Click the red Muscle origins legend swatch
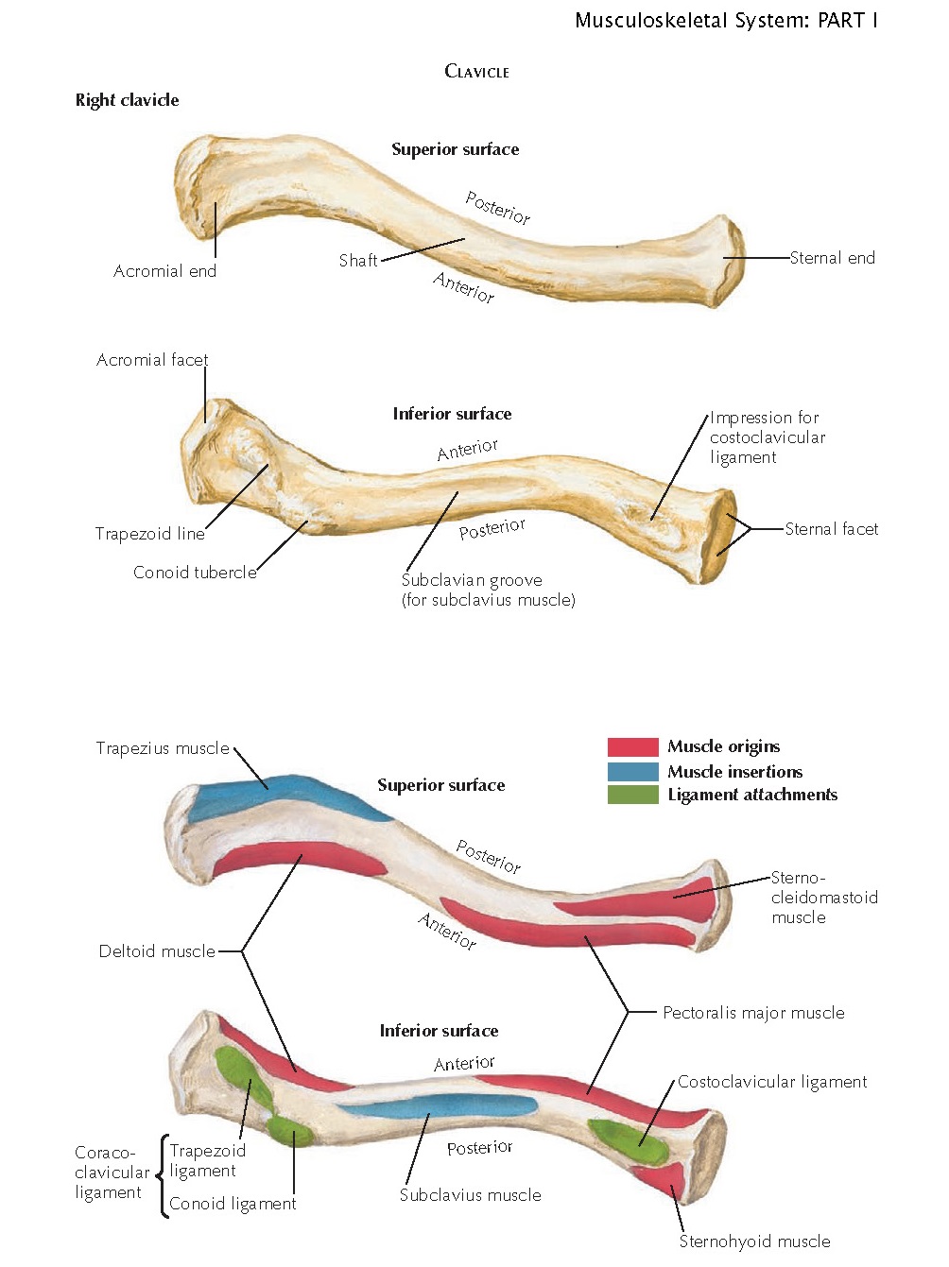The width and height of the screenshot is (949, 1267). pyautogui.click(x=632, y=747)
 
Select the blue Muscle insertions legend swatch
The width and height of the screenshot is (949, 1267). pyautogui.click(x=632, y=771)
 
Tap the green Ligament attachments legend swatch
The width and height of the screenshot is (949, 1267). pyautogui.click(x=632, y=795)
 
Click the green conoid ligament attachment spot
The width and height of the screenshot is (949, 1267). pyautogui.click(x=288, y=1128)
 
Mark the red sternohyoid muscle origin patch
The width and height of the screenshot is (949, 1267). pyautogui.click(x=666, y=1178)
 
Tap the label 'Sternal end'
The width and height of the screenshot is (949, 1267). pyautogui.click(x=832, y=258)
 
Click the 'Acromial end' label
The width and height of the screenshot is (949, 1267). pyautogui.click(x=164, y=272)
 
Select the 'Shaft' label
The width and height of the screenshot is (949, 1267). pyautogui.click(x=358, y=261)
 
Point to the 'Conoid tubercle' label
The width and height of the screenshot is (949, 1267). pyautogui.click(x=195, y=573)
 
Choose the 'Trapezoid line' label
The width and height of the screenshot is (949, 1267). pyautogui.click(x=149, y=534)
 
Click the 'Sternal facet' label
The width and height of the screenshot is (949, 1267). pyautogui.click(x=831, y=529)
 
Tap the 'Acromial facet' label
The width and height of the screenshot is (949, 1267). pyautogui.click(x=151, y=360)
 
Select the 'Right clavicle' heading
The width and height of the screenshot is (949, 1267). pyautogui.click(x=127, y=100)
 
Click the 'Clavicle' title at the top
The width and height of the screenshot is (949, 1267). pyautogui.click(x=476, y=72)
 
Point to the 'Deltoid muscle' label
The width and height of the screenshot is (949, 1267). pyautogui.click(x=157, y=951)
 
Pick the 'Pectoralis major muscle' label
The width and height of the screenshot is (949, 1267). pyautogui.click(x=753, y=1013)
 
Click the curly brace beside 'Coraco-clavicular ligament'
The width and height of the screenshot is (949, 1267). pyautogui.click(x=162, y=1175)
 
